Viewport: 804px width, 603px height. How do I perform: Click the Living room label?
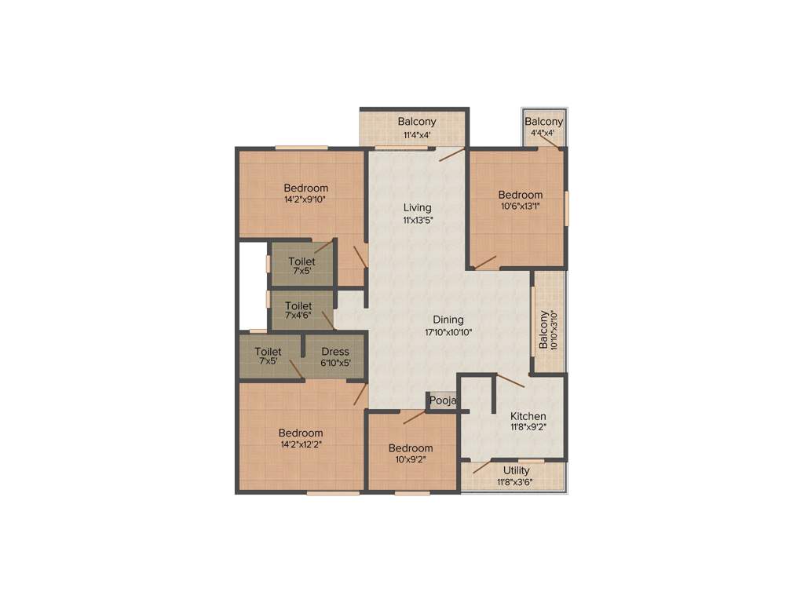pyautogui.click(x=418, y=207)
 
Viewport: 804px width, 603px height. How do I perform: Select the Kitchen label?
pyautogui.click(x=528, y=416)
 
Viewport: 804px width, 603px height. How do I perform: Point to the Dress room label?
pyautogui.click(x=335, y=352)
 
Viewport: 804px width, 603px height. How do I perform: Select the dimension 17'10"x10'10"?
pyautogui.click(x=448, y=332)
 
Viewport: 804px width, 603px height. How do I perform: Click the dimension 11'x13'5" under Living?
pyautogui.click(x=418, y=220)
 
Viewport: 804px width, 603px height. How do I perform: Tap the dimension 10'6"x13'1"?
pyautogui.click(x=520, y=206)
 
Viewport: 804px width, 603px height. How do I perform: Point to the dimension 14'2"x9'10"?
pyautogui.click(x=305, y=200)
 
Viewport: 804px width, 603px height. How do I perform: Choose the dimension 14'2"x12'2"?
pyautogui.click(x=300, y=444)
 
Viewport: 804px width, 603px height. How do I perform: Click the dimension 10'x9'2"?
pyautogui.click(x=411, y=460)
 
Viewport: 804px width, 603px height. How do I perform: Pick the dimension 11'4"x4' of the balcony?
pyautogui.click(x=416, y=134)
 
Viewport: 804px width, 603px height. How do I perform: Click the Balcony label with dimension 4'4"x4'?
pyautogui.click(x=544, y=122)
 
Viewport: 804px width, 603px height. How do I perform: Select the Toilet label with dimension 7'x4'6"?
pyautogui.click(x=298, y=305)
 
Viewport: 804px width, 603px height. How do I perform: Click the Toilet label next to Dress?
pyautogui.click(x=269, y=352)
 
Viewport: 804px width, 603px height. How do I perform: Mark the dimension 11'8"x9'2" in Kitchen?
pyautogui.click(x=528, y=428)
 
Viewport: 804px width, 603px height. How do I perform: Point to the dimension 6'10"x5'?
pyautogui.click(x=335, y=363)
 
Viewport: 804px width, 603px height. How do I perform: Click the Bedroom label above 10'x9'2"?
pyautogui.click(x=411, y=448)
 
